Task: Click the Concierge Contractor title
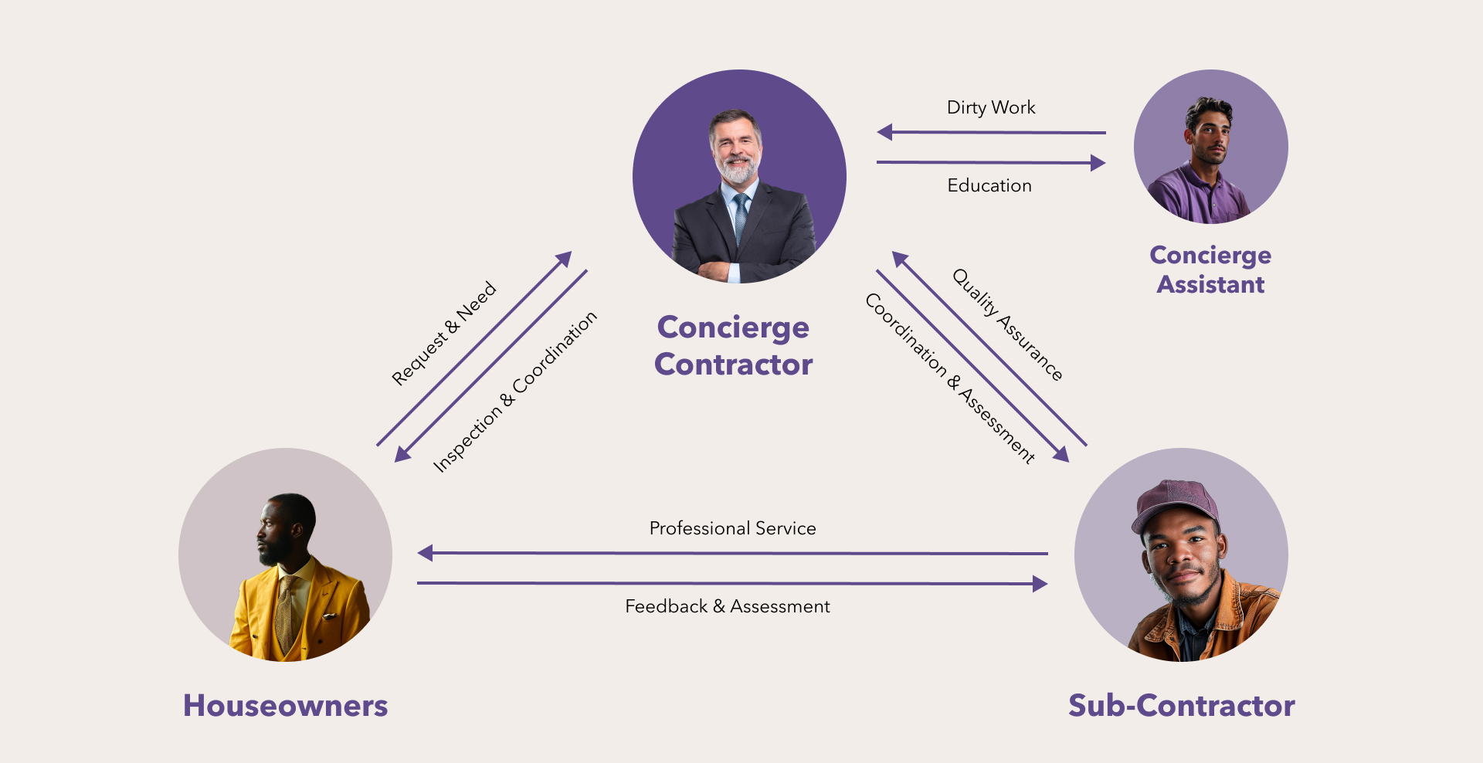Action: [x=733, y=345]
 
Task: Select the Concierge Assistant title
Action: [x=1210, y=270]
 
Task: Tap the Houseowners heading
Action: [x=285, y=706]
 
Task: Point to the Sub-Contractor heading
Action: [x=1181, y=706]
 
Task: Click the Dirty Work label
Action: [x=991, y=107]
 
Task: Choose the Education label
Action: [x=989, y=185]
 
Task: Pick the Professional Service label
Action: [x=732, y=528]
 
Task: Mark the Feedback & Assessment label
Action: [x=728, y=606]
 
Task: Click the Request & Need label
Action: [x=443, y=333]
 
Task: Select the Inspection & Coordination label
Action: [x=514, y=392]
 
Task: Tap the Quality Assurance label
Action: [x=1007, y=324]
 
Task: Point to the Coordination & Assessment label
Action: [x=949, y=378]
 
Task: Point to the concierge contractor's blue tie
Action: [x=741, y=216]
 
